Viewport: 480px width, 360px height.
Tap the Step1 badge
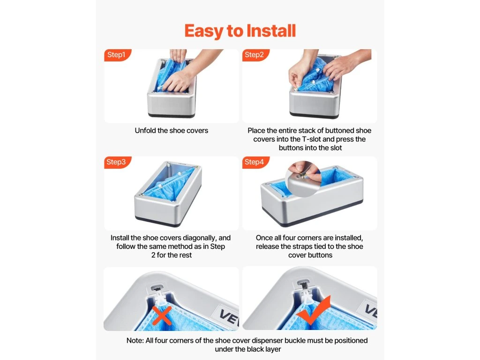(117, 55)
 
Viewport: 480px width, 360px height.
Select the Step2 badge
(255, 55)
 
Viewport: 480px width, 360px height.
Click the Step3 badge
(117, 162)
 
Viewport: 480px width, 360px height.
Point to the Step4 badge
(255, 162)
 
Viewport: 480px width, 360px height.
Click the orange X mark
(162, 315)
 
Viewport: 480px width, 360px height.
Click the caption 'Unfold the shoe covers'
(172, 130)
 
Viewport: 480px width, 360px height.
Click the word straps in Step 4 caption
(315, 247)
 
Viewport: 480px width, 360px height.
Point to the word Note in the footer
(135, 340)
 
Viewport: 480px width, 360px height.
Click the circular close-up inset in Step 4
(303, 179)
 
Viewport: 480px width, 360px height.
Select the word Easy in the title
(204, 30)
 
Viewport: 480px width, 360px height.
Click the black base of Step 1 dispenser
(172, 115)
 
